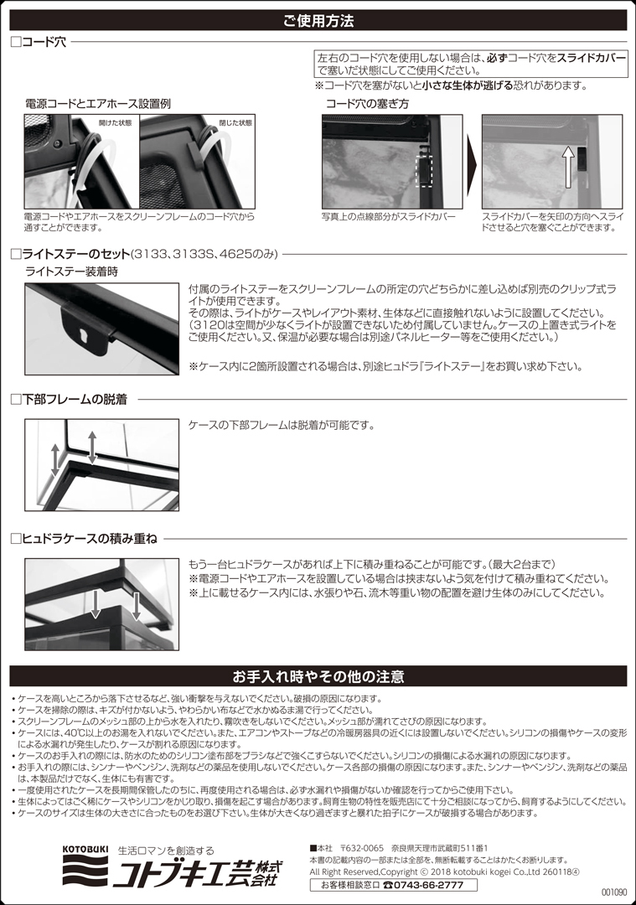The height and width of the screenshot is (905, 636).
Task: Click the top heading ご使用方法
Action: pyautogui.click(x=318, y=20)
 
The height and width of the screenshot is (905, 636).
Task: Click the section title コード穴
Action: pyautogui.click(x=44, y=41)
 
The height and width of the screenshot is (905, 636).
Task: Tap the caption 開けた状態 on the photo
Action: pyautogui.click(x=115, y=122)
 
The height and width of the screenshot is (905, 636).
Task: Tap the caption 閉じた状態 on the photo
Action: pyautogui.click(x=235, y=122)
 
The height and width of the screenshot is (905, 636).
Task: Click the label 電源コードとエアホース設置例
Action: pyautogui.click(x=98, y=104)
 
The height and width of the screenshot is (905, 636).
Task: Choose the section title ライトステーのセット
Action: pyautogui.click(x=75, y=254)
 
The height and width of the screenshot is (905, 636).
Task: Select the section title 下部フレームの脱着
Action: pyautogui.click(x=74, y=400)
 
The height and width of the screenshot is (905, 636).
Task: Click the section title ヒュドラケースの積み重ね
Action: pyautogui.click(x=88, y=539)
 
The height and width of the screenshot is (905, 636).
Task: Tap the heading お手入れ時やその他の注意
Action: pyautogui.click(x=318, y=676)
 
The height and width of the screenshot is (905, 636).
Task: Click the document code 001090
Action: pyautogui.click(x=613, y=893)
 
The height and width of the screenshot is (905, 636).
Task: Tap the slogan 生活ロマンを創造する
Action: pyautogui.click(x=165, y=849)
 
